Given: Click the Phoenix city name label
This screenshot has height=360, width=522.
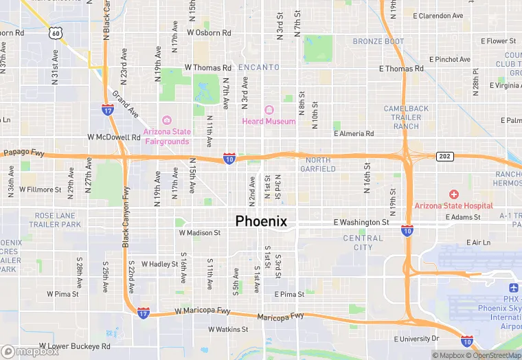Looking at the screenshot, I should pos(261,221).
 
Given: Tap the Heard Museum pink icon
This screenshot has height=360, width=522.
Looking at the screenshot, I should pos(269,110).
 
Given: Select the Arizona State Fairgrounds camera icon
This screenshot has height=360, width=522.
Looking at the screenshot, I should pos(166,120).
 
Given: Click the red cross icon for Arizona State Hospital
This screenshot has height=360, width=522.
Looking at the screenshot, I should pos(453,195).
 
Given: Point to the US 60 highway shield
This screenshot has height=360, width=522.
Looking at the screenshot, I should pos(56,32).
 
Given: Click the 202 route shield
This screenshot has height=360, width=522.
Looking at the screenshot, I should pos(445,157).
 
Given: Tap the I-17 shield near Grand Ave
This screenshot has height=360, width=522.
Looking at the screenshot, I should pos(108,109).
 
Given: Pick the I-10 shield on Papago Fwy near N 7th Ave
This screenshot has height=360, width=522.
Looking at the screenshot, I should pos(229,159).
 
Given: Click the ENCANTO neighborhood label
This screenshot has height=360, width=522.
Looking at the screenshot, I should pos(259,67).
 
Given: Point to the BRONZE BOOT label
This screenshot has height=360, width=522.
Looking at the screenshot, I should pos(378,41).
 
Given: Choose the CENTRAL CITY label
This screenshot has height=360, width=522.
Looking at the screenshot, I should pos(363,243).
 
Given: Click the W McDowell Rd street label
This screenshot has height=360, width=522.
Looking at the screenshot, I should pos(113,137).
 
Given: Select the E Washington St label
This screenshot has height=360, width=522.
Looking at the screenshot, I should pos(361,223).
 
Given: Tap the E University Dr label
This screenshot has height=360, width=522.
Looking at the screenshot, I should pos(416,339).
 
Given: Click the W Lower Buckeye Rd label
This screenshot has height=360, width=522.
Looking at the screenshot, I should pos(74,346).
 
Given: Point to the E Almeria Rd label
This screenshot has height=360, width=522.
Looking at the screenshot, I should pos(354,134).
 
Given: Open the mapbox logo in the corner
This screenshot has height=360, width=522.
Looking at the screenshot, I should pos(30,351).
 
